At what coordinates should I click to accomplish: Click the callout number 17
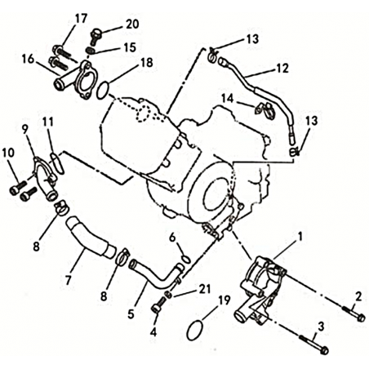click(81, 19)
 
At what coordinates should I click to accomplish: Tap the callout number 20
click(132, 24)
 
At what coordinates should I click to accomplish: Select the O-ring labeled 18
click(103, 91)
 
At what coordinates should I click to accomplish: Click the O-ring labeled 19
click(195, 331)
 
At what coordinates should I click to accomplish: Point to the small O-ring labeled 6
click(186, 260)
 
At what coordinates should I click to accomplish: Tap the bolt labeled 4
click(158, 305)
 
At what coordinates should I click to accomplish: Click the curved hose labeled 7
click(90, 236)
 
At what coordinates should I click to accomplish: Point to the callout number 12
click(282, 68)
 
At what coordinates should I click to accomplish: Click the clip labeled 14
click(265, 110)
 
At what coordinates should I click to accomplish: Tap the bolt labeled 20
click(95, 37)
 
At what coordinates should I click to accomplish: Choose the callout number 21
click(205, 289)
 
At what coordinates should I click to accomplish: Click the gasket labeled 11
click(57, 162)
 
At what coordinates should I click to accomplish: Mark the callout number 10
click(8, 153)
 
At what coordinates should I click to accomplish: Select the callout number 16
click(28, 59)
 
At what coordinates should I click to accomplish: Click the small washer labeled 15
click(90, 51)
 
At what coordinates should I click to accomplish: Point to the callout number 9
click(25, 130)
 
